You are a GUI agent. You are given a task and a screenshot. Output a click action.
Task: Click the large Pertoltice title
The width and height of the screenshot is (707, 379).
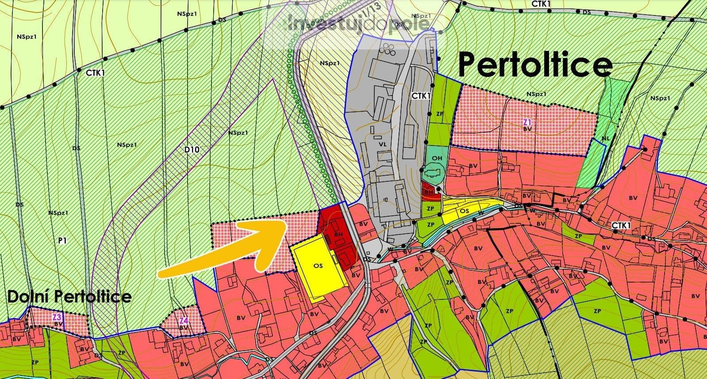(534, 65)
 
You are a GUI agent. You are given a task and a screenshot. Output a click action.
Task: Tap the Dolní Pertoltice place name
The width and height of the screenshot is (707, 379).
(69, 296)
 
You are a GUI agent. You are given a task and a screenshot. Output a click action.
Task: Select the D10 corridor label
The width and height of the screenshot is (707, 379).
(192, 149)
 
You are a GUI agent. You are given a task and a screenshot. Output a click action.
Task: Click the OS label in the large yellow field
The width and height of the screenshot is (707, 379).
(318, 266)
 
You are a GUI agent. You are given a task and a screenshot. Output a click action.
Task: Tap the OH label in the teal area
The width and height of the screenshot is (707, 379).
(437, 158)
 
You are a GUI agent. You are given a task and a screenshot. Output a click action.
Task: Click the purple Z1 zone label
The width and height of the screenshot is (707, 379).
(526, 121)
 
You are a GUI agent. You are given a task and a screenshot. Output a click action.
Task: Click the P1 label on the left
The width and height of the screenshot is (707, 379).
(62, 241)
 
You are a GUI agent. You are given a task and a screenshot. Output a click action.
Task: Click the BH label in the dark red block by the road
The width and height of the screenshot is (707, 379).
(339, 233)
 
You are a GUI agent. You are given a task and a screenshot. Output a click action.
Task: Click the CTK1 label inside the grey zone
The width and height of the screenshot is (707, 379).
(421, 95)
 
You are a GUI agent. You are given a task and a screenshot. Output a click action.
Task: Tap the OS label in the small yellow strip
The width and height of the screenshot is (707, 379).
(464, 211)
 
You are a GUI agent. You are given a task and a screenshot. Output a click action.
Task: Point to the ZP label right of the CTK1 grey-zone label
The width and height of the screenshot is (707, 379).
(439, 114)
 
